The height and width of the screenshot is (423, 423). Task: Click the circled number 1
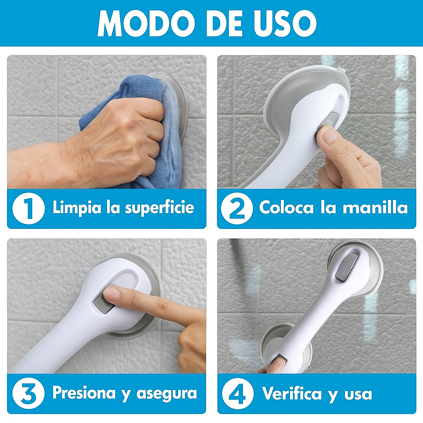click(x=29, y=209)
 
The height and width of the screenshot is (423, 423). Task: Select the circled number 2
click(x=237, y=209)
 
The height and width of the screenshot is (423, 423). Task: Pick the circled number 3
click(x=29, y=393)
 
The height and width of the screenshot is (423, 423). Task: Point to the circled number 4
click(x=238, y=393)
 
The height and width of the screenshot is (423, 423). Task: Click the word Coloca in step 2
click(x=287, y=207)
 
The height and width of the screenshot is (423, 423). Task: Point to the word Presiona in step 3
click(x=84, y=393)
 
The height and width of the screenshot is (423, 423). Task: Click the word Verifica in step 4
click(x=292, y=394)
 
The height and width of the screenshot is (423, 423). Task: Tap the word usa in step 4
click(x=358, y=395)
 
